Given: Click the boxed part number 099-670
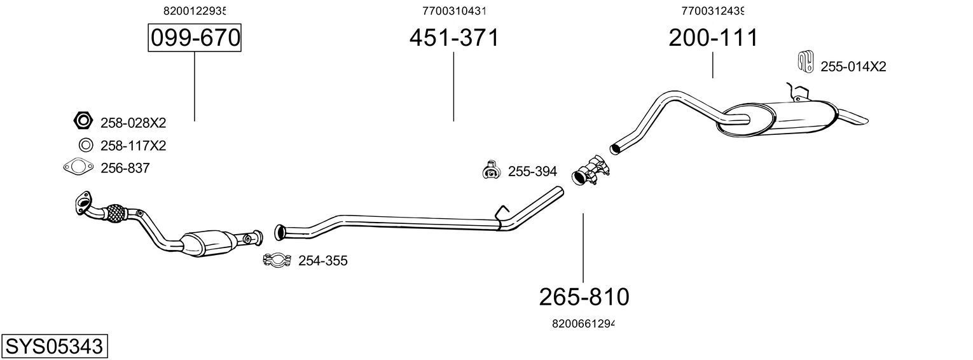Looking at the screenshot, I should tap(195, 39).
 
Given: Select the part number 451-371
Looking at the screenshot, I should tap(453, 38).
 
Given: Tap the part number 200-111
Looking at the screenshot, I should tap(712, 38).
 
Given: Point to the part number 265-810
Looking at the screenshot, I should tap(583, 296).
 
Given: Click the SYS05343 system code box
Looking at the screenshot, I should tap(54, 347).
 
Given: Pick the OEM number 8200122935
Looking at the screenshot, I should tap(195, 11).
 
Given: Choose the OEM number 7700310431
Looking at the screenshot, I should tap(453, 11).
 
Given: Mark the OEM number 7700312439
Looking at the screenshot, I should tap(712, 11).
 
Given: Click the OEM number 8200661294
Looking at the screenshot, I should tap(583, 324).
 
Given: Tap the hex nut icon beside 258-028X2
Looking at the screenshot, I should tap(83, 120).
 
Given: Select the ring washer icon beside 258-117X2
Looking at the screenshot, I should tap(84, 145).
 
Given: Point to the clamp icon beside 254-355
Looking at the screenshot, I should tap(277, 260).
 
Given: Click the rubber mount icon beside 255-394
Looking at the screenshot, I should tap(490, 170).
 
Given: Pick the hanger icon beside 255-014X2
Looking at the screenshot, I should tap(805, 62).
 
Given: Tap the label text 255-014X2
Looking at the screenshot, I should tap(853, 67).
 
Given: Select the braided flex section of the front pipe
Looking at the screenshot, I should tap(114, 213).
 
